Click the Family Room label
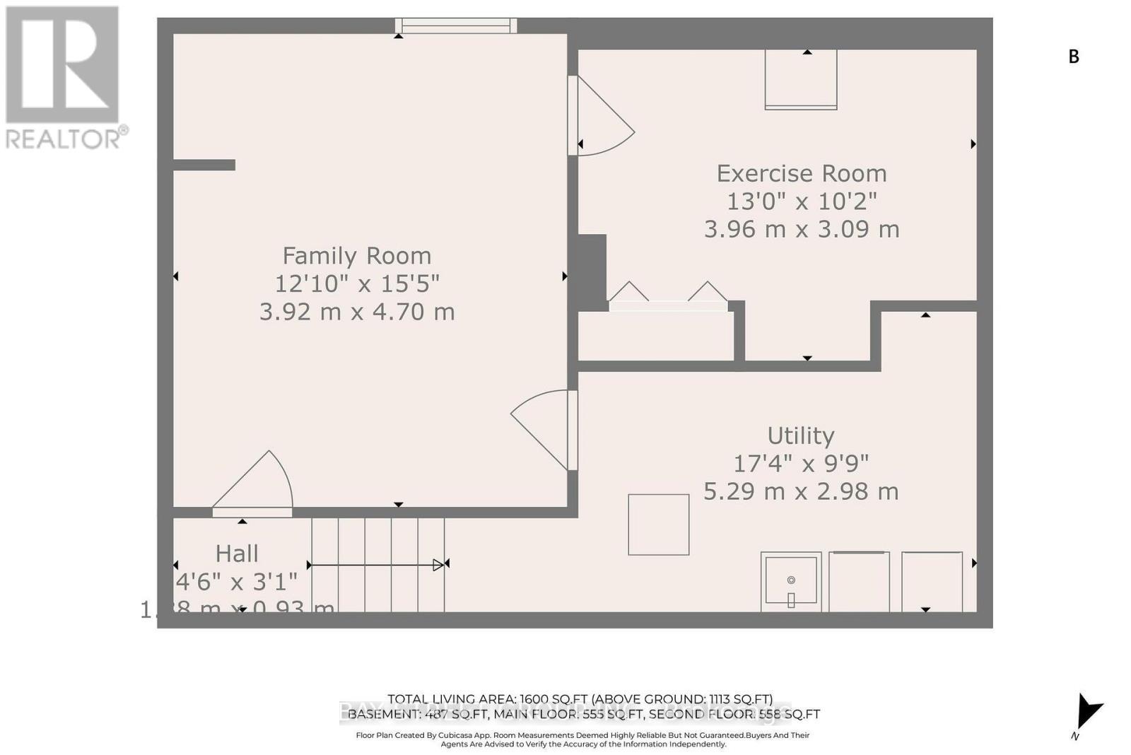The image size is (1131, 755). click(356, 256)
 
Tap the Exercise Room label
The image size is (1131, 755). click(801, 174)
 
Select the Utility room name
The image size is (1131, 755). click(800, 435)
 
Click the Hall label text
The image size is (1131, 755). click(237, 554)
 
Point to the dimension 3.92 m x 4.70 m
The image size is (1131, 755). click(356, 312)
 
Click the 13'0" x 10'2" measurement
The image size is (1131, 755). click(801, 201)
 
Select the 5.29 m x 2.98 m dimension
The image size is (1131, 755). click(800, 491)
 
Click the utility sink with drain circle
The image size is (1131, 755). click(791, 581)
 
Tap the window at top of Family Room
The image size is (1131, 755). click(456, 26)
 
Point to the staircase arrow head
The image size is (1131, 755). click(438, 565)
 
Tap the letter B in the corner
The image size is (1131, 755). click(1074, 57)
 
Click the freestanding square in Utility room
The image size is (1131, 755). click(658, 525)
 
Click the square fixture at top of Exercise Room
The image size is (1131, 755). click(801, 79)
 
